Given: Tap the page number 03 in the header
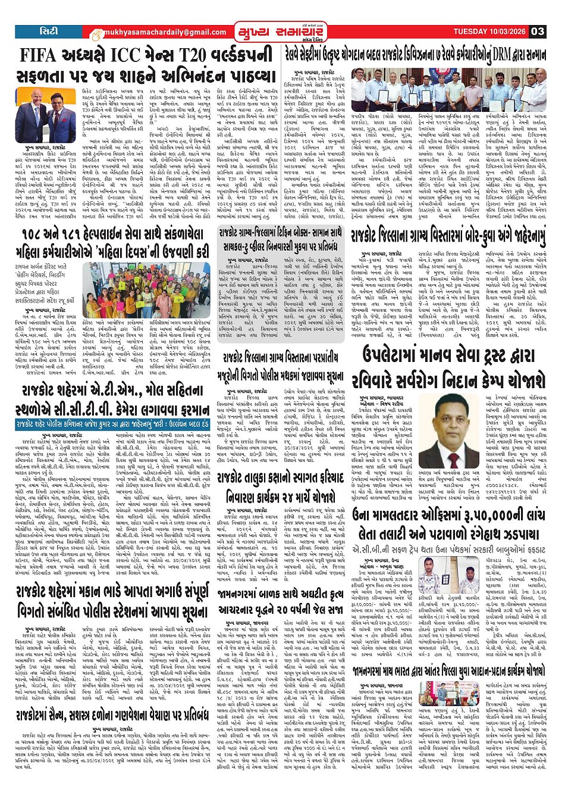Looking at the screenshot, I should (x=538, y=32).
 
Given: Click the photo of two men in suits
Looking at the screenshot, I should (x=47, y=116).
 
